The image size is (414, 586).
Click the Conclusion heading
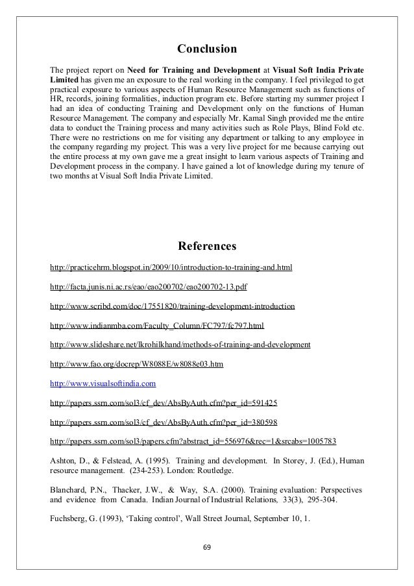coord(207,49)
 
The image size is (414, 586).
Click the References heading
coord(207,247)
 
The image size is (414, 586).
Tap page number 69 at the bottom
coord(207,546)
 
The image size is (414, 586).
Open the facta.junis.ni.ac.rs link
coord(148,287)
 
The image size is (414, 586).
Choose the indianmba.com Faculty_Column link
coord(157,325)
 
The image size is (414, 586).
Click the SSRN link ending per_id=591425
coord(165,403)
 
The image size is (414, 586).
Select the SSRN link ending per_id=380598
coord(165,422)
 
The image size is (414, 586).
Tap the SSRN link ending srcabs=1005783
coord(193,442)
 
